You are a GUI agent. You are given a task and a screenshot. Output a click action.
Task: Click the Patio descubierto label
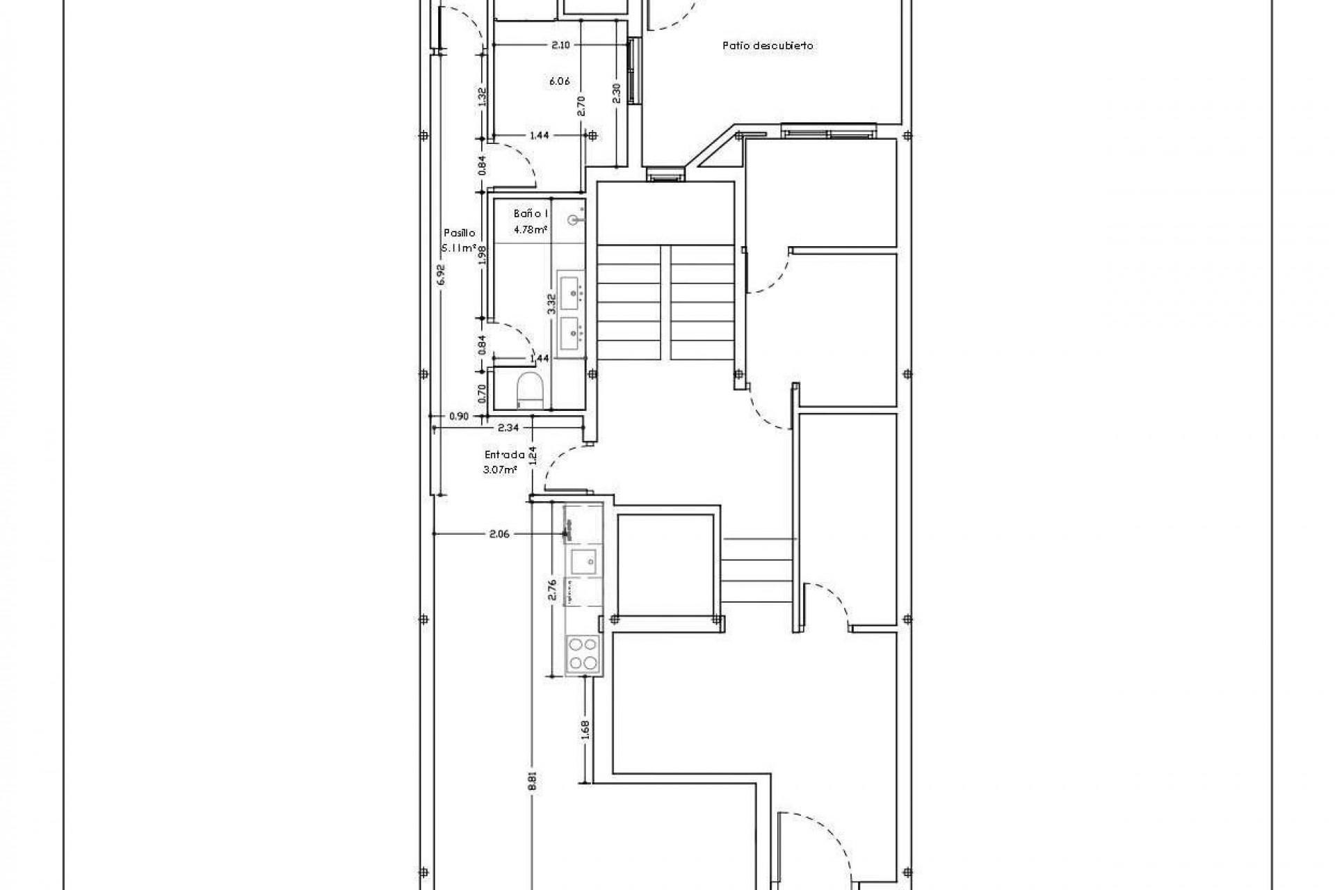click(768, 46)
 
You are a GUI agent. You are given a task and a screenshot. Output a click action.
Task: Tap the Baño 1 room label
click(532, 214)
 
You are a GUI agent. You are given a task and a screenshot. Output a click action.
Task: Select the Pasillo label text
click(460, 234)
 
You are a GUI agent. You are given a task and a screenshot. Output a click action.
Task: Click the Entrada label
click(505, 455)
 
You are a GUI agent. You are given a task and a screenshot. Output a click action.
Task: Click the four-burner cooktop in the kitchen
click(583, 654)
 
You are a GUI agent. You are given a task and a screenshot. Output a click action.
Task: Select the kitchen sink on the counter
click(583, 558)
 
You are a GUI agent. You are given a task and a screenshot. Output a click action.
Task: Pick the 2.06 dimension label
click(499, 534)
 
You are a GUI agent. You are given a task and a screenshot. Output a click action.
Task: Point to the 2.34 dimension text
click(508, 428)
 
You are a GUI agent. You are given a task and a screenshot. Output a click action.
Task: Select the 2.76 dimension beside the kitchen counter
click(553, 590)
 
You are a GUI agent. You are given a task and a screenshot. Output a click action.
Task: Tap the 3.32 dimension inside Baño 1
click(551, 305)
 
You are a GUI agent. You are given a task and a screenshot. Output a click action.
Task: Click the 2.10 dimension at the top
click(561, 45)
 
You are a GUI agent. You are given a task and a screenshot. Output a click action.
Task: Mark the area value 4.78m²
click(531, 229)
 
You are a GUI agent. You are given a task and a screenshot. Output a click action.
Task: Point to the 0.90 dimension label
click(459, 416)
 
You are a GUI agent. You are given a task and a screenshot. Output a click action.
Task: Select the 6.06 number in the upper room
click(560, 81)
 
